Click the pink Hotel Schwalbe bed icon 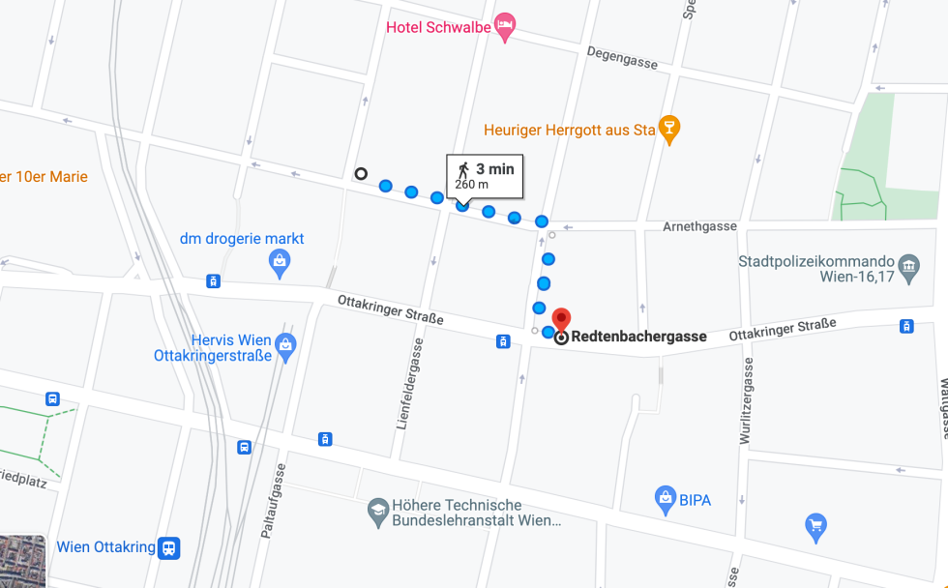(x=504, y=27)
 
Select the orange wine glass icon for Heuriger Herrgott (x=668, y=130)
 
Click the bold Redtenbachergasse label (x=638, y=338)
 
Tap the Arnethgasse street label (x=699, y=226)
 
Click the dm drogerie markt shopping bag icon (x=280, y=261)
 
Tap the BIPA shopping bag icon (x=665, y=499)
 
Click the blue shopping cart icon (x=815, y=527)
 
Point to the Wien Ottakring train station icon (x=169, y=547)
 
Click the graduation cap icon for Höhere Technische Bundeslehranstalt (x=378, y=512)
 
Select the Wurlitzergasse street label (x=745, y=401)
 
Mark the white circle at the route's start (x=361, y=174)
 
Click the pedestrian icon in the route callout (x=463, y=169)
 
